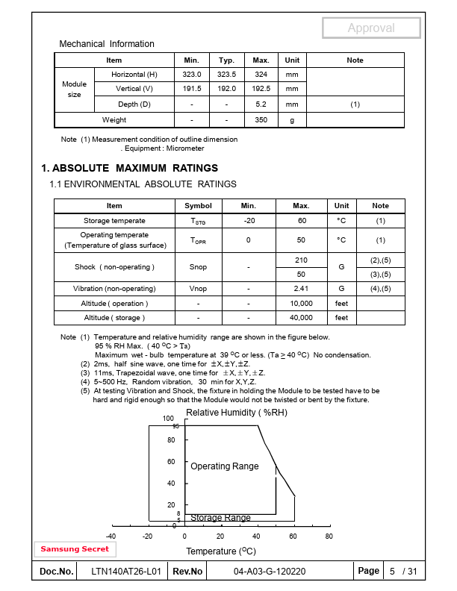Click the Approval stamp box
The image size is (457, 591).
pyautogui.click(x=370, y=28)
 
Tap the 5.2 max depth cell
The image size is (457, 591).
pyautogui.click(x=261, y=104)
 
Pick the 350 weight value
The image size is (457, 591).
pyautogui.click(x=261, y=120)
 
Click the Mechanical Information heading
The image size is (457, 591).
pyautogui.click(x=107, y=44)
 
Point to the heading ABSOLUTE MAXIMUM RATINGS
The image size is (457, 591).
pyautogui.click(x=130, y=168)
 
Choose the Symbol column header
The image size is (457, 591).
pyautogui.click(x=198, y=206)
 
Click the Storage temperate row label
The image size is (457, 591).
pyautogui.click(x=114, y=221)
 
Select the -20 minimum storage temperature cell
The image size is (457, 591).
pyautogui.click(x=249, y=221)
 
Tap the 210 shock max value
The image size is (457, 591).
pyautogui.click(x=302, y=260)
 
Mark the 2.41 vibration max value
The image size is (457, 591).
pyautogui.click(x=302, y=289)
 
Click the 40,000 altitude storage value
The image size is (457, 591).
pyautogui.click(x=302, y=318)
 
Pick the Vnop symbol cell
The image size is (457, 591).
pyautogui.click(x=198, y=289)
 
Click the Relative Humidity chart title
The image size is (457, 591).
pyautogui.click(x=236, y=413)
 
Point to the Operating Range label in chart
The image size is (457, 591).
pyautogui.click(x=224, y=466)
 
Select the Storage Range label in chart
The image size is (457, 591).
pyautogui.click(x=220, y=518)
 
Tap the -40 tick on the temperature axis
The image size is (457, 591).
pyautogui.click(x=111, y=537)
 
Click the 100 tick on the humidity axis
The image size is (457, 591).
pyautogui.click(x=168, y=419)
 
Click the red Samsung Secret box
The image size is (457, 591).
pyautogui.click(x=75, y=549)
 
